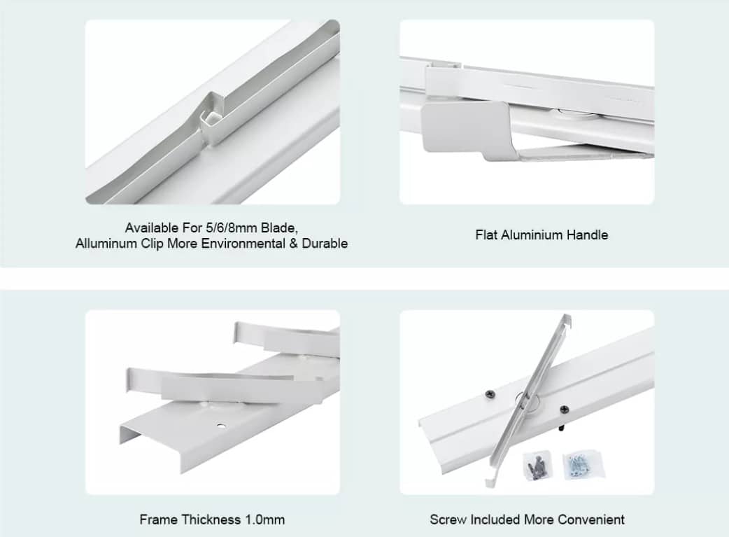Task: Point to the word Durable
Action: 325,244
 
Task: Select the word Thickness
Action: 211,519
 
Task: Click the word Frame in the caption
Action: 159,519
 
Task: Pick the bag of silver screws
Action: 583,464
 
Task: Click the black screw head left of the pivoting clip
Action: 490,395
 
